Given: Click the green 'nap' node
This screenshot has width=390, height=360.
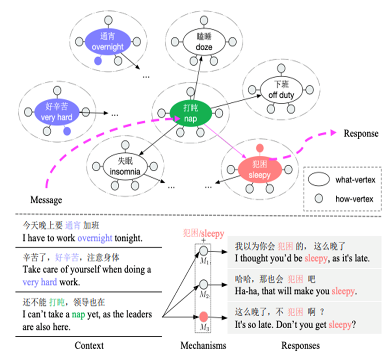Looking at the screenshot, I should point(191,113).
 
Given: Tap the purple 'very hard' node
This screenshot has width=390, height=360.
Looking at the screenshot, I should point(56,111).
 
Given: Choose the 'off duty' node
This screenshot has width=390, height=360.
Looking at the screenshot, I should point(281,90).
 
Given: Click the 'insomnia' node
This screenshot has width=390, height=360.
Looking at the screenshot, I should point(125,166).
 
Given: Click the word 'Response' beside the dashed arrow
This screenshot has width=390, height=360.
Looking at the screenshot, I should point(361,134).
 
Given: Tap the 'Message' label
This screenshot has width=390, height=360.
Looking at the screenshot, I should point(46,200).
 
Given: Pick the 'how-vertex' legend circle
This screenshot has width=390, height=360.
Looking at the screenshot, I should point(319,199).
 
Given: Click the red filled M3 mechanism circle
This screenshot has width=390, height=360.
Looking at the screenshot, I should point(204,317).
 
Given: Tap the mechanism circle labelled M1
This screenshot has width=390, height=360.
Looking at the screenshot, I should point(204,251).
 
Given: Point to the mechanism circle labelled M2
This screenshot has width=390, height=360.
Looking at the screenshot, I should point(204,284).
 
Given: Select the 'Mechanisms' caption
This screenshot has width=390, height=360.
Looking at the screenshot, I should point(203,346).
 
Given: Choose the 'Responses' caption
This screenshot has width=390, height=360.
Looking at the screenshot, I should point(301,346).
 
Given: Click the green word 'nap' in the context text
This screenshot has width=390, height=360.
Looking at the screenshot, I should point(78,314).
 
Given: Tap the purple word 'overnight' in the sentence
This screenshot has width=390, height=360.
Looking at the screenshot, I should point(94,238).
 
